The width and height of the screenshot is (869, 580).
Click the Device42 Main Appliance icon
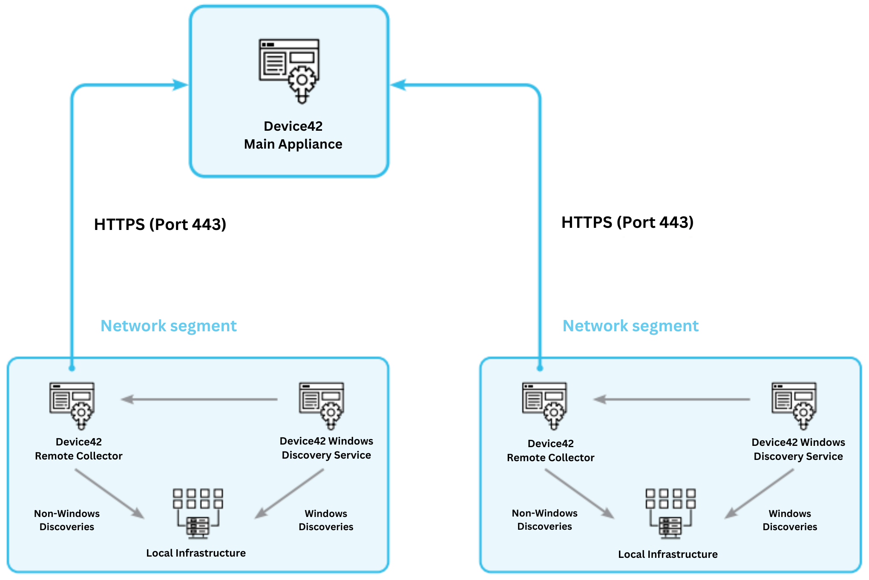coord(289,71)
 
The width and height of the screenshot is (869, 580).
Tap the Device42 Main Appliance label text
coord(293,135)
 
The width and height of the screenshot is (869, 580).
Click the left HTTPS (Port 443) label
coord(160,224)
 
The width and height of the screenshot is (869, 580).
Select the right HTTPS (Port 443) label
coord(627,222)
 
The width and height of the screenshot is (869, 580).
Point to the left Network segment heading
coord(168,326)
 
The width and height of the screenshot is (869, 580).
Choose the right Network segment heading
coord(630,326)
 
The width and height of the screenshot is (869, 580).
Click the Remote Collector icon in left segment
coord(72,405)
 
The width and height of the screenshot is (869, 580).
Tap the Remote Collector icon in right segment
coord(545,405)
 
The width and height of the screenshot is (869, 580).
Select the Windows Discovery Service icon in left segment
coord(322,405)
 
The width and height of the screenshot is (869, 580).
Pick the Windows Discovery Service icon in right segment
coord(794,405)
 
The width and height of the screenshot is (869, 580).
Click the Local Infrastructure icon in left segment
coord(198,513)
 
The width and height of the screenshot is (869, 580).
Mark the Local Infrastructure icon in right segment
coord(670,513)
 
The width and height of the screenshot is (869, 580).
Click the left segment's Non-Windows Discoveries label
coord(67,520)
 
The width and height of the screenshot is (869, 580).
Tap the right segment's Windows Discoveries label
coord(790,520)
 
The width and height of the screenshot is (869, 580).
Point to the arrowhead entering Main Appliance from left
coord(181,85)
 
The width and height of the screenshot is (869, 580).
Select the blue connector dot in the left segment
coord(72,368)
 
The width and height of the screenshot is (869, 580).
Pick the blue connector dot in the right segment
coord(540,368)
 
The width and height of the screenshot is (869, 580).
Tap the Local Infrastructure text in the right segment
coord(668,554)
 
